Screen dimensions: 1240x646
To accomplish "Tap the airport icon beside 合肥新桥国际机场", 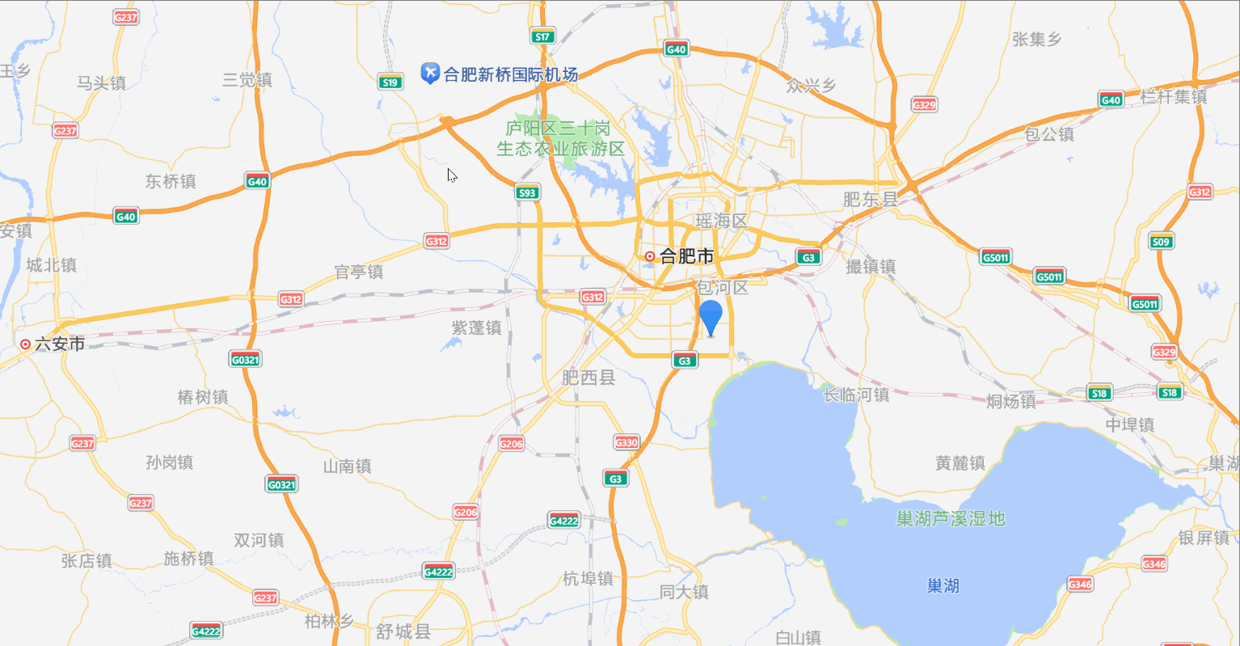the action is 430,74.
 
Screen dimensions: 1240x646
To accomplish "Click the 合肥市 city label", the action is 686,256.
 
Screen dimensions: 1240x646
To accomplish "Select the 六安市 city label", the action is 60,344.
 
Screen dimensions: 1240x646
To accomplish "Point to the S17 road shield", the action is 542,36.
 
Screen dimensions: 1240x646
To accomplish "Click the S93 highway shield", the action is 527,192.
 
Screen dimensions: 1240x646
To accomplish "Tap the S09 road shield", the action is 1161,241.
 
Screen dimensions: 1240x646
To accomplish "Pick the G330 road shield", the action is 626,442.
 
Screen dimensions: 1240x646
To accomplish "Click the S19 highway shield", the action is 390,82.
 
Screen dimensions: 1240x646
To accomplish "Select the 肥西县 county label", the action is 588,377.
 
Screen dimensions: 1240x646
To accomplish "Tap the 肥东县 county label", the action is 871,199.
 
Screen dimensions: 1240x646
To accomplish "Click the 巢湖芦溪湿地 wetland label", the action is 951,518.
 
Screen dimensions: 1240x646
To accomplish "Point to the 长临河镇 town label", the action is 856,395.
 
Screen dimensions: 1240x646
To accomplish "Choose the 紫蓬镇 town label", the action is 476,327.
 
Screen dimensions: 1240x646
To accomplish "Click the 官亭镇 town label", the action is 359,272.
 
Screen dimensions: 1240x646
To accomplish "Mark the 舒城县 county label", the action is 403,631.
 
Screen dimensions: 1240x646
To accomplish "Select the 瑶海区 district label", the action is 722,221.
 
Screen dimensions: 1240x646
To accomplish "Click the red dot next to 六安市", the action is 25,344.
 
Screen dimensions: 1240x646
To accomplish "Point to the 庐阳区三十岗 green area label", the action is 558,129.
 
